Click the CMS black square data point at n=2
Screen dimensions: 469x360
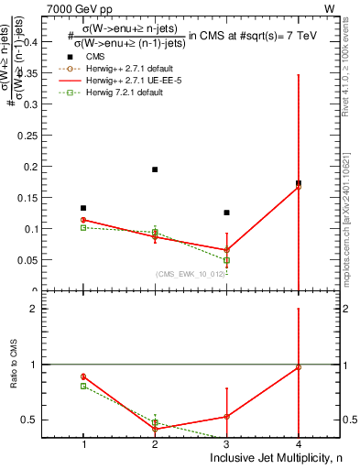coord(155,169)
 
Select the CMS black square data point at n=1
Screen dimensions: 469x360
coord(83,208)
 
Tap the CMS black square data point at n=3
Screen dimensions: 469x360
coord(226,213)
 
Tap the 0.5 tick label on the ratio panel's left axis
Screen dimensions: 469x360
coord(39,420)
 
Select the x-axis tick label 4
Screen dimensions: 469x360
coord(299,444)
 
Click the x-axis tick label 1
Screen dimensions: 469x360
coord(83,444)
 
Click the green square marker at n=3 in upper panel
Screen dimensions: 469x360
coord(226,260)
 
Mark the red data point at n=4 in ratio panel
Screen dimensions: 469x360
coord(299,367)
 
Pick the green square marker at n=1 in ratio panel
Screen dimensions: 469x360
coord(83,386)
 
